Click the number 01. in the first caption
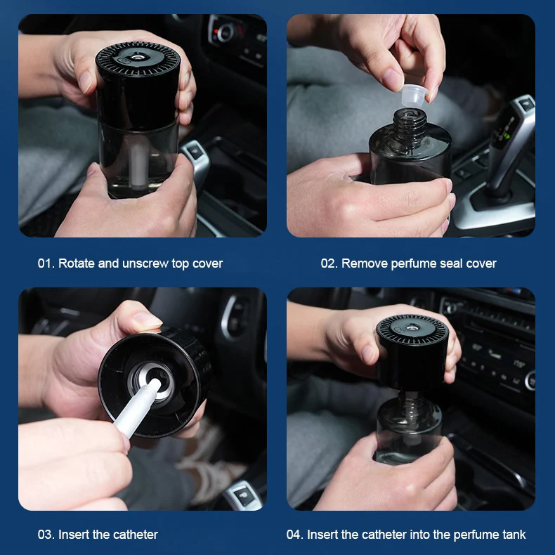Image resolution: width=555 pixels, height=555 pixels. click(46, 263)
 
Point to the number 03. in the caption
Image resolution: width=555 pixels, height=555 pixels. click(46, 535)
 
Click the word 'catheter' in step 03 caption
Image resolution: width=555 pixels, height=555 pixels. click(135, 535)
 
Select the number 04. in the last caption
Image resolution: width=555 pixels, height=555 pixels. click(295, 535)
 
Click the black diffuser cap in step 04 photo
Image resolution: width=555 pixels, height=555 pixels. click(412, 351)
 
